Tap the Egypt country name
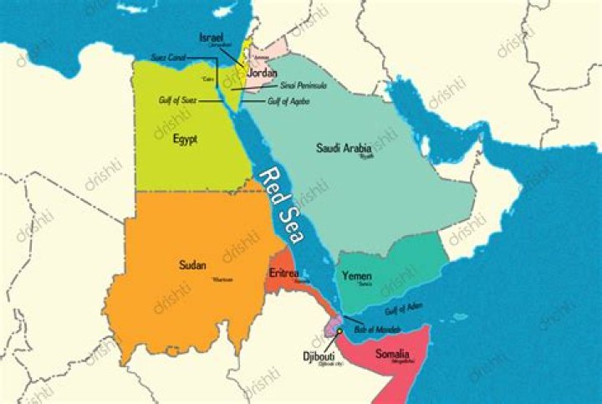(186, 138)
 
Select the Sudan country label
(193, 265)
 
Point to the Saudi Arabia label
(344, 148)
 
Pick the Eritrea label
(285, 274)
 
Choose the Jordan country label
(262, 73)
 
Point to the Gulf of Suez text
(178, 100)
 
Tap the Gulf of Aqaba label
(289, 101)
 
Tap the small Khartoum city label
(222, 279)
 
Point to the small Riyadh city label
(366, 156)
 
